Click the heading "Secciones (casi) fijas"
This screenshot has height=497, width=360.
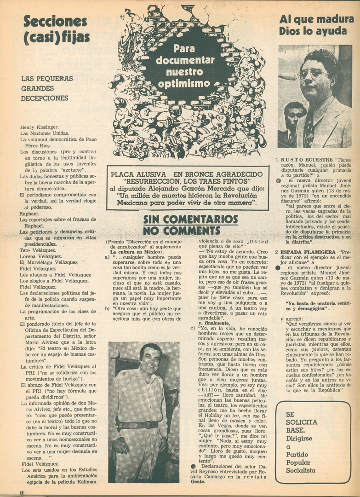point(55,29)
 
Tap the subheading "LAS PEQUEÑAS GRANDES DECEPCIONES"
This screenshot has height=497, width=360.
point(45,88)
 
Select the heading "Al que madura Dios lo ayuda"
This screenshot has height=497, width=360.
point(316,25)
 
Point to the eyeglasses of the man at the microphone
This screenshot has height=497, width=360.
point(313,73)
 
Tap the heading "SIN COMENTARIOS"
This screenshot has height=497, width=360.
point(190,219)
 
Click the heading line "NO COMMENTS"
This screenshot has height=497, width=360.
point(181,230)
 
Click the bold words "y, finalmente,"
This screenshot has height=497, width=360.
point(213,323)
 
